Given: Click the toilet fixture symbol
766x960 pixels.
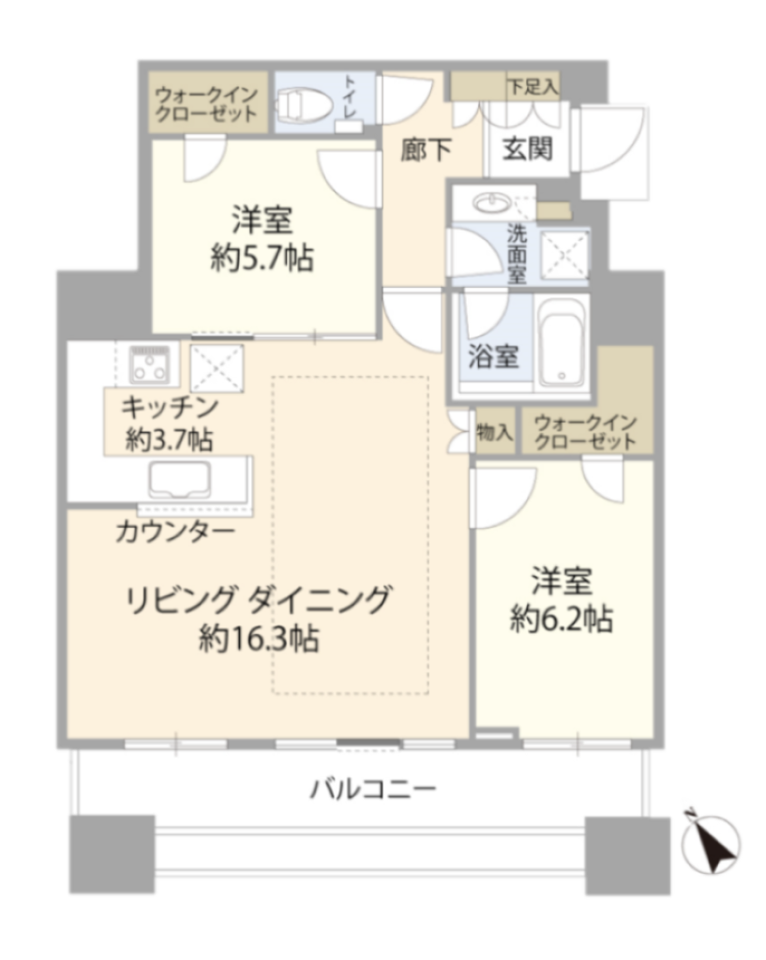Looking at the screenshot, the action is click(x=305, y=103).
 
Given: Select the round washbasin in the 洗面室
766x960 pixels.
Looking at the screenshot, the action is click(x=493, y=202).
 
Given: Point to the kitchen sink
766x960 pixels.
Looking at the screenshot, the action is click(x=179, y=479).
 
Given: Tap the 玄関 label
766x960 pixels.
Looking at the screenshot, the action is click(x=527, y=149).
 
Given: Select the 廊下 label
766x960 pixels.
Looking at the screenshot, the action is click(x=427, y=150).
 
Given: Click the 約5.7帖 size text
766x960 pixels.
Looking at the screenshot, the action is click(x=263, y=257).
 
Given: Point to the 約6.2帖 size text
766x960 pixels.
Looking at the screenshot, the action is click(x=562, y=619).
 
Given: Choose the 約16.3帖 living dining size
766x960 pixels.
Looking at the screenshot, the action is click(x=259, y=638).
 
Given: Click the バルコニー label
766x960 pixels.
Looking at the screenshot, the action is click(x=373, y=788).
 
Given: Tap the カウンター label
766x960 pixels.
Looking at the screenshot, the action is click(x=175, y=531).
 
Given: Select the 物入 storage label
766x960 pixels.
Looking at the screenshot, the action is click(x=495, y=432).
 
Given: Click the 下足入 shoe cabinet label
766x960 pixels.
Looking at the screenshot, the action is click(x=533, y=86).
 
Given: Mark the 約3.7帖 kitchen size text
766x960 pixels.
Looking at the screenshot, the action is click(x=169, y=439).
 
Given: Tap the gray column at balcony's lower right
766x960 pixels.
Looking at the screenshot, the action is click(x=627, y=855).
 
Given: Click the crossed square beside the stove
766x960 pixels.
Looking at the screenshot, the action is click(x=217, y=367).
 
